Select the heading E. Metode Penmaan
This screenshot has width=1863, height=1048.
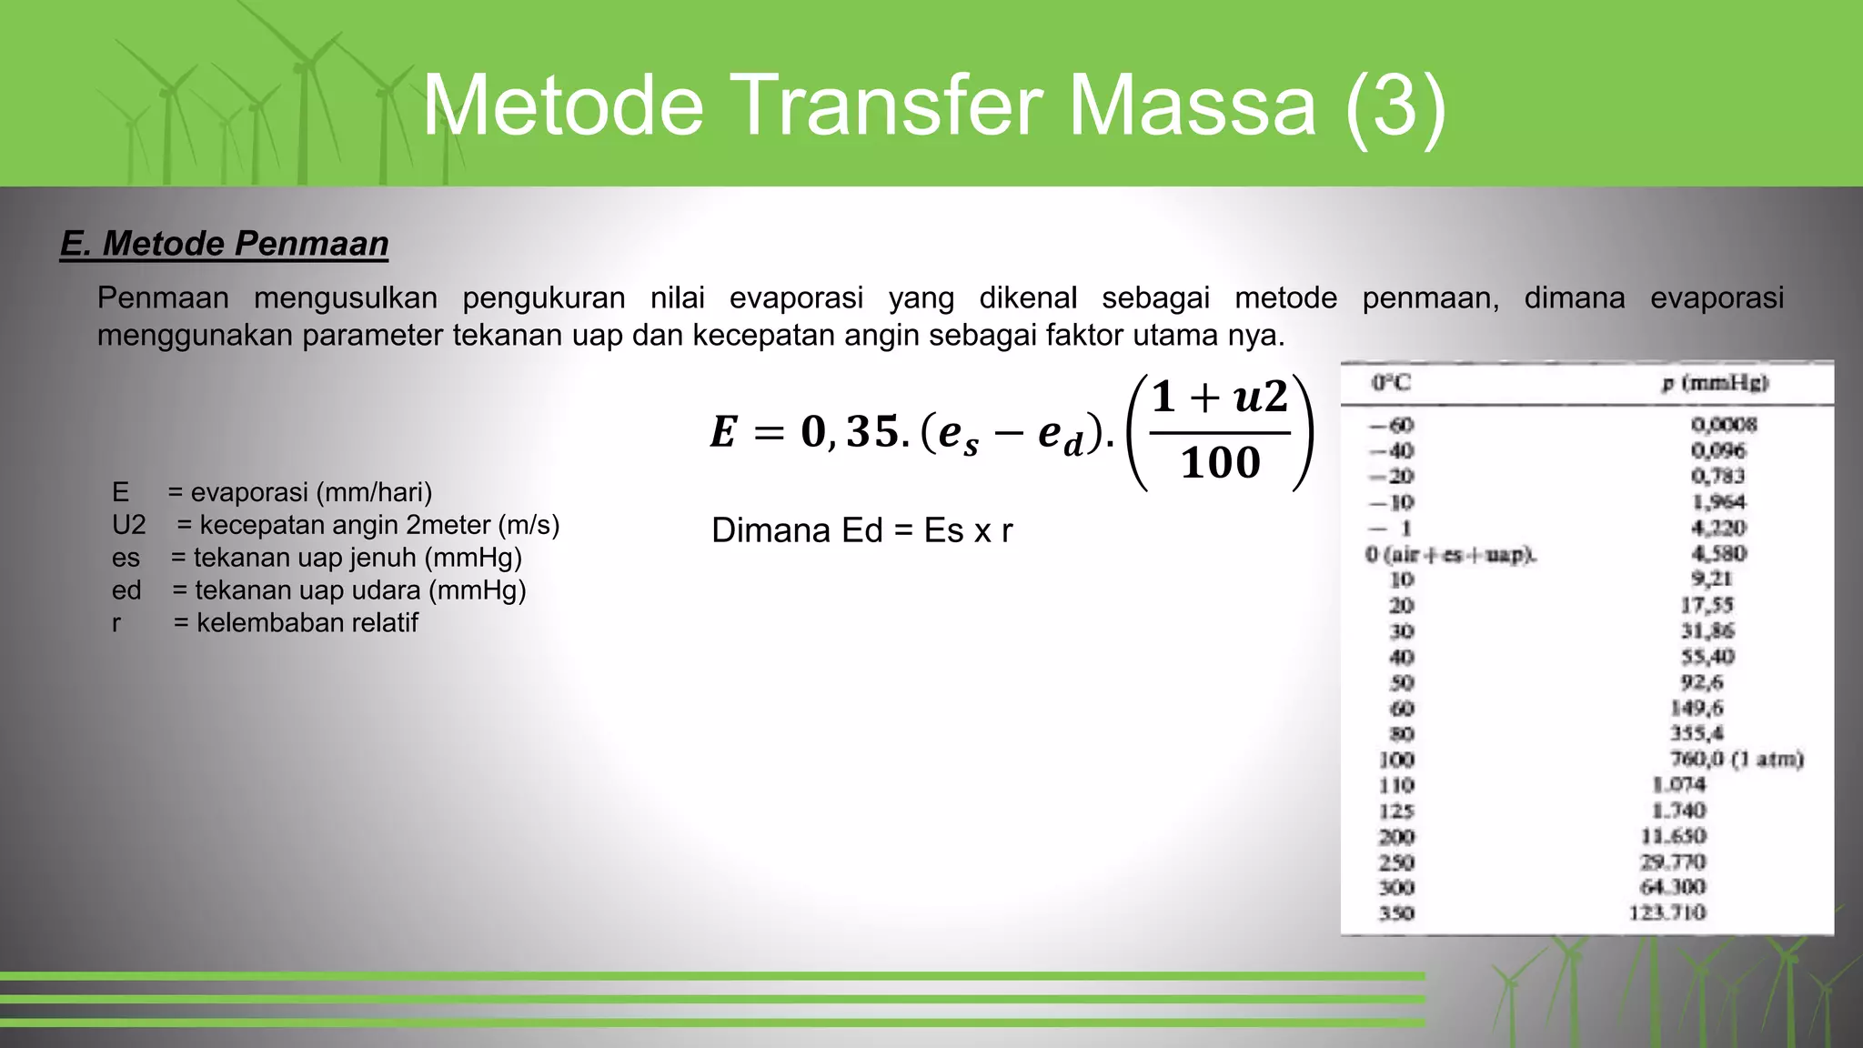tap(224, 244)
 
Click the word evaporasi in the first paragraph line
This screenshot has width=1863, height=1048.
tap(796, 297)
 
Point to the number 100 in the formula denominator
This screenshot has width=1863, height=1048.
tap(1220, 462)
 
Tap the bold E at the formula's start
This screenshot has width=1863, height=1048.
tap(723, 432)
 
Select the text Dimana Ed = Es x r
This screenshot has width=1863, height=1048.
tap(861, 530)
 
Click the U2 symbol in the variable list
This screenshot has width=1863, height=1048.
tap(128, 525)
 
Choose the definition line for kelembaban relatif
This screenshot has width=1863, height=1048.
tap(296, 623)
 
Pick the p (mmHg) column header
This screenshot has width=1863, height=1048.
tap(1715, 383)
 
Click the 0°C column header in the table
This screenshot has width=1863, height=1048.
tap(1391, 383)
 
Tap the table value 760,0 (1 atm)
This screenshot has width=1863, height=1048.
tap(1736, 759)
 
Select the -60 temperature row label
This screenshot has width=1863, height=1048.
tap(1392, 425)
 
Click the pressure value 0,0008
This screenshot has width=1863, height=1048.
tap(1724, 424)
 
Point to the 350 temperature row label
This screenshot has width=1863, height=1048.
tap(1396, 913)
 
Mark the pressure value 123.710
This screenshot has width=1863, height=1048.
tap(1667, 912)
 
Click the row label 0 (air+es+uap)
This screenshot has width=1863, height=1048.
tap(1450, 554)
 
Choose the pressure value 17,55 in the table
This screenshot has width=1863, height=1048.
tap(1707, 605)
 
